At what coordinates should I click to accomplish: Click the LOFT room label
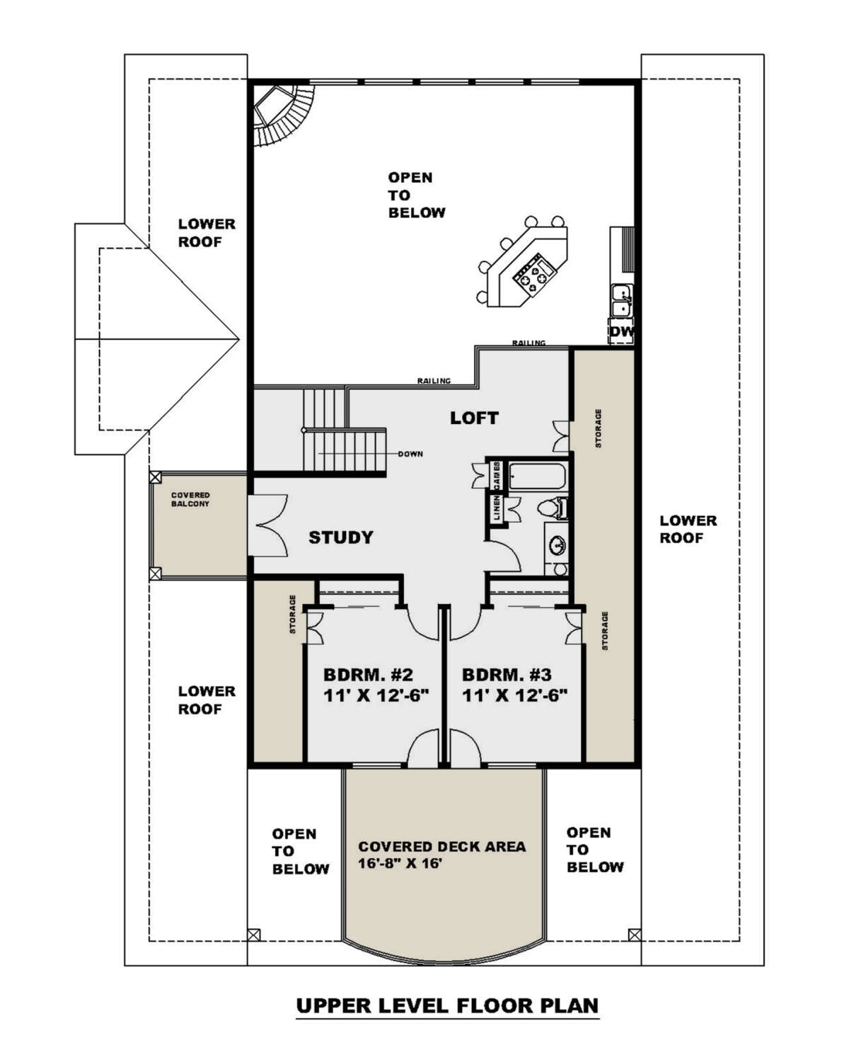473,418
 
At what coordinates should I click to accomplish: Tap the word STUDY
341,537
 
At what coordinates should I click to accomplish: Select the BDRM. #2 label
368,675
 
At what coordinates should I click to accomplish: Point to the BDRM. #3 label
507,675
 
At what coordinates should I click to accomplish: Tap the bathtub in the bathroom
538,476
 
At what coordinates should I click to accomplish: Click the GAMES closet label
497,476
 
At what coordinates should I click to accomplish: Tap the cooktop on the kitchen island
536,275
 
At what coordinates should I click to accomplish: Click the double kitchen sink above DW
622,300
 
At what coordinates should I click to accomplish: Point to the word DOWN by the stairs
410,454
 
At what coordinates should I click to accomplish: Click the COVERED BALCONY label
190,499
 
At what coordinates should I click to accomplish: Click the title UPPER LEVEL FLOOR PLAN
447,1005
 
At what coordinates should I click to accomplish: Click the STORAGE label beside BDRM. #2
292,614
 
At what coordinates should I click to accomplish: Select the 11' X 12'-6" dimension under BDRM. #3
514,695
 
